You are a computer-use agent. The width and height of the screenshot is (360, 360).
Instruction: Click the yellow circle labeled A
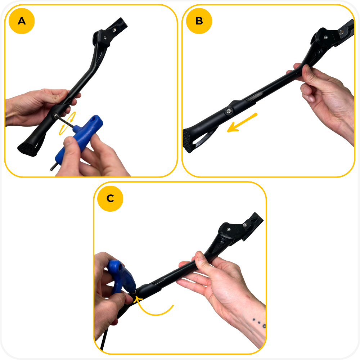[x=22, y=21]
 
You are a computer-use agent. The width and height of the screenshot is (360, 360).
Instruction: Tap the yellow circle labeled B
[x=199, y=21]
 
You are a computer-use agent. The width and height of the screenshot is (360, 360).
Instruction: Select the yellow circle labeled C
[x=110, y=198]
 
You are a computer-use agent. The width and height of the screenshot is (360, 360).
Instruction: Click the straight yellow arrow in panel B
[x=242, y=123]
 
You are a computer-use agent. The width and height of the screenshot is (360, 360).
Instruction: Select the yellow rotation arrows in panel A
[x=67, y=123]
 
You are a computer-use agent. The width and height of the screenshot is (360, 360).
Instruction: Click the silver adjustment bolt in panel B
[x=229, y=111]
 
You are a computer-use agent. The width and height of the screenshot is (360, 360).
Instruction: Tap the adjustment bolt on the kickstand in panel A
[x=56, y=116]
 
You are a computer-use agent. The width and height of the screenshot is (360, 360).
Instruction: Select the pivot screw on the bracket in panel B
[x=325, y=37]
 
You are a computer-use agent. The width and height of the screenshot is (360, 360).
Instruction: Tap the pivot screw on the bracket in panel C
[x=229, y=229]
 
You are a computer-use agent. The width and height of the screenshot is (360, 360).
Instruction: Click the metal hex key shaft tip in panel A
[x=51, y=169]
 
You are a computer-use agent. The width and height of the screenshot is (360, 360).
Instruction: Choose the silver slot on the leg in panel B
[x=254, y=96]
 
